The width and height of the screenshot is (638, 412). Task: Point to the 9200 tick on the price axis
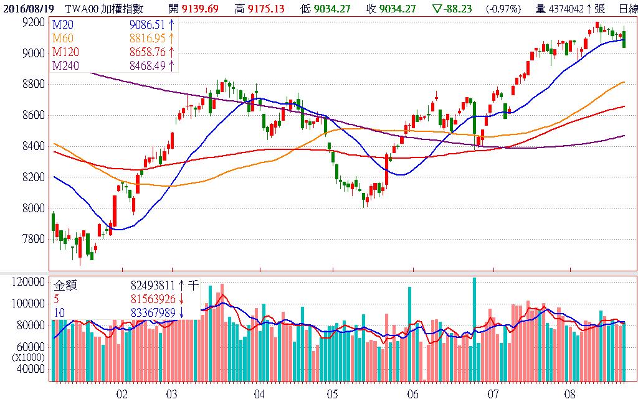click(x=32, y=22)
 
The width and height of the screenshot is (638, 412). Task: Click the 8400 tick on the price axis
click(x=32, y=146)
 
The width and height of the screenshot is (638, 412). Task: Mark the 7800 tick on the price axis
click(x=32, y=239)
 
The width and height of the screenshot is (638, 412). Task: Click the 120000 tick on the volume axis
click(x=28, y=282)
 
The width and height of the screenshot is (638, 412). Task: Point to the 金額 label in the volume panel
click(x=65, y=286)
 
